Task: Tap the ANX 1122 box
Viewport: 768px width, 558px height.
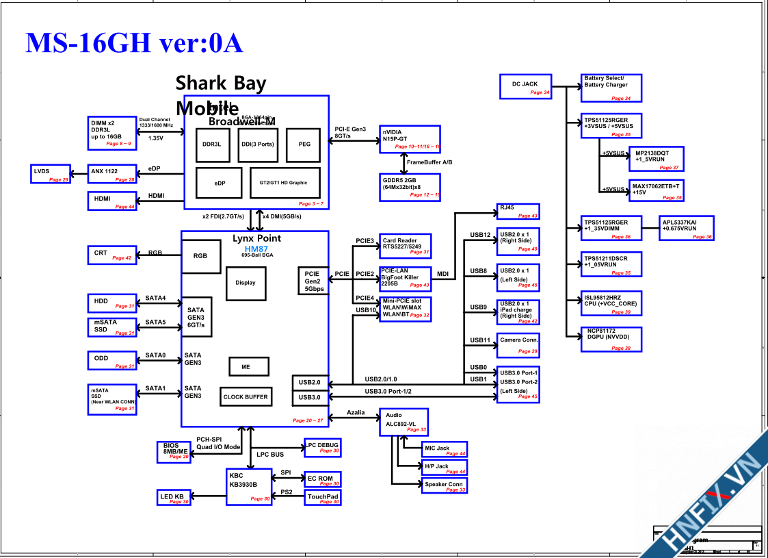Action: click(x=112, y=174)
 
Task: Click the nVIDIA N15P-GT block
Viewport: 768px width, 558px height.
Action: click(x=410, y=138)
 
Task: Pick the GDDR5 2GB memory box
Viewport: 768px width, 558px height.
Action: click(x=410, y=187)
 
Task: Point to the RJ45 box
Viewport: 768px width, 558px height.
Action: click(x=518, y=212)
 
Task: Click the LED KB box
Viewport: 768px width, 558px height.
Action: click(x=174, y=498)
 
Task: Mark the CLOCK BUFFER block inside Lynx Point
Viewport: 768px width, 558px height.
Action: click(x=246, y=397)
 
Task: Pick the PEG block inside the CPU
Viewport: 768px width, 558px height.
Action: click(x=304, y=144)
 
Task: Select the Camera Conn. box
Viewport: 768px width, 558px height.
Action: click(x=518, y=344)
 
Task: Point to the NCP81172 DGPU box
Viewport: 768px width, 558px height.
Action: click(x=610, y=340)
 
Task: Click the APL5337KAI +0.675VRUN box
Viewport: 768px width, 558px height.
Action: click(x=686, y=228)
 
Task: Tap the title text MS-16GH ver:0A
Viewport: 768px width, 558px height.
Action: click(x=134, y=42)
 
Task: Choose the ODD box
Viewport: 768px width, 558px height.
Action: click(x=112, y=361)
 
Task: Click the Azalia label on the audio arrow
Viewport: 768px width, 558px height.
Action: click(x=356, y=413)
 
